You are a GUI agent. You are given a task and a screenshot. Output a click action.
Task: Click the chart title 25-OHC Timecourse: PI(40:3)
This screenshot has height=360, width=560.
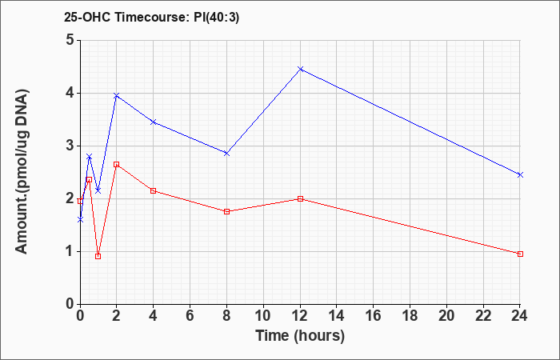(x=151, y=17)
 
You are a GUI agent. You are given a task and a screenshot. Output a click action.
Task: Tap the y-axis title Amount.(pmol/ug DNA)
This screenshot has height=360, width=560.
(x=22, y=172)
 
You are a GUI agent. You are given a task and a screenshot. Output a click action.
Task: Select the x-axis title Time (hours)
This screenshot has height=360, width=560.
(x=300, y=336)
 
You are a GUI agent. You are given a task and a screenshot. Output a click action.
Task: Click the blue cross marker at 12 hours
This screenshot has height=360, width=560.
(x=300, y=69)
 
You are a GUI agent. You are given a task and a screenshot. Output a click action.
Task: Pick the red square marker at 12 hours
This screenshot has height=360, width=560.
(x=300, y=198)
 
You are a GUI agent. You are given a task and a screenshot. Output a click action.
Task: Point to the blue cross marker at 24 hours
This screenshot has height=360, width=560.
(x=520, y=174)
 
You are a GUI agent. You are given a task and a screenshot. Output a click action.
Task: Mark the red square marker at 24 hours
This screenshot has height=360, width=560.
(x=520, y=254)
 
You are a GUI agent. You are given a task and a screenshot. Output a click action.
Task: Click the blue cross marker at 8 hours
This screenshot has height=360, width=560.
(x=226, y=154)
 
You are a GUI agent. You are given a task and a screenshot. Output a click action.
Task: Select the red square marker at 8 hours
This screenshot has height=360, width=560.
(x=226, y=211)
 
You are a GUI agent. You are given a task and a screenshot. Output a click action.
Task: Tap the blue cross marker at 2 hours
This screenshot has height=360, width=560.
(x=117, y=95)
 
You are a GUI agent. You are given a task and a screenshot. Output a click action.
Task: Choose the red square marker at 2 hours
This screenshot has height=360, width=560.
(x=117, y=164)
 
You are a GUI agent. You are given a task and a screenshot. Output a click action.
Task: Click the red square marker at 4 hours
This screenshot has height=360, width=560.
(x=154, y=190)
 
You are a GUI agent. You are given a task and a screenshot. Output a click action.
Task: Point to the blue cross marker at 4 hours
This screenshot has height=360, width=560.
(x=154, y=122)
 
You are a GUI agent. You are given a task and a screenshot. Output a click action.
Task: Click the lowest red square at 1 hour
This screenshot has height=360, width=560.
(x=98, y=256)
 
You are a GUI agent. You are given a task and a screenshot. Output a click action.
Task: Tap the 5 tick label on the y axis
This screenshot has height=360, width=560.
(x=70, y=40)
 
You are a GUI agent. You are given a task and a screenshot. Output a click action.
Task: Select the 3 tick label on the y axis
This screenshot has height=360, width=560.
(x=70, y=146)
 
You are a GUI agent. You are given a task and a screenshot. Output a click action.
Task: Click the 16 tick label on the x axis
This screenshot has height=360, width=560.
(x=374, y=316)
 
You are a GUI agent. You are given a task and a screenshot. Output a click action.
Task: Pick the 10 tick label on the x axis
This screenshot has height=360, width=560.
(x=263, y=316)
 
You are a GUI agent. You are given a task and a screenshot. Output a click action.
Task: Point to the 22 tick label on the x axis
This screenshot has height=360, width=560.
(x=483, y=316)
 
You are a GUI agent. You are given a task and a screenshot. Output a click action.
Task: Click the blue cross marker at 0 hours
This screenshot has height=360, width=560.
(x=80, y=220)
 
